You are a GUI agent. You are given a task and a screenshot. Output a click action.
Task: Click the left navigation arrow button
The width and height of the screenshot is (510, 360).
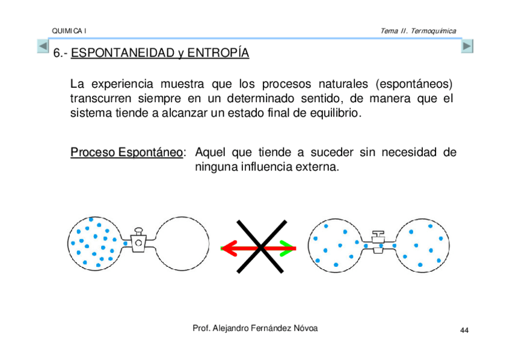pyautogui.click(x=43, y=46)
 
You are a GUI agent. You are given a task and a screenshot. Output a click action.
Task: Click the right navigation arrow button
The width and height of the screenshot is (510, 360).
pyautogui.click(x=467, y=46)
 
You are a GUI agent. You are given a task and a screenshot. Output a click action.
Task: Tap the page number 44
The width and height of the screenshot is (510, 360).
pyautogui.click(x=464, y=331)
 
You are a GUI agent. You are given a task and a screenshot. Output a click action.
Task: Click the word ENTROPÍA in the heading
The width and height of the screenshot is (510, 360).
pyautogui.click(x=218, y=53)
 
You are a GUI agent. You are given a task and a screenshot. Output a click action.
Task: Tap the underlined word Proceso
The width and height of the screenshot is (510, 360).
pyautogui.click(x=93, y=153)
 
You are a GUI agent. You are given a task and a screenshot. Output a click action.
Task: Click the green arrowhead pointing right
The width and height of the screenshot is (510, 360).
pyautogui.click(x=287, y=247)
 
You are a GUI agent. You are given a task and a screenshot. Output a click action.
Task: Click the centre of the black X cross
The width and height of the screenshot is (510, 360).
pyautogui.click(x=260, y=246)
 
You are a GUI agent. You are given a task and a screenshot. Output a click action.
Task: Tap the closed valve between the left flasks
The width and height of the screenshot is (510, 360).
pyautogui.click(x=138, y=242)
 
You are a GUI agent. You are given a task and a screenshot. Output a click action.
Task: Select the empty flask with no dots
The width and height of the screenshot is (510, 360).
pyautogui.click(x=183, y=242)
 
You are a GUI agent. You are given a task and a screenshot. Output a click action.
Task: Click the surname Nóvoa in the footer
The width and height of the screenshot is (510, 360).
pyautogui.click(x=304, y=328)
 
